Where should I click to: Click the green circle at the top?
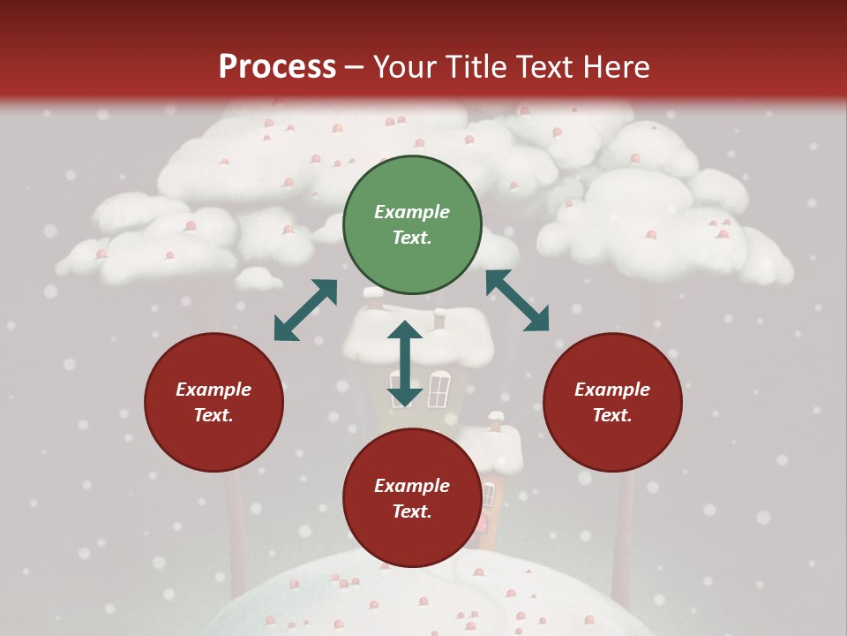coord(412,225)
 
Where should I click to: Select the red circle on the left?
coord(214,403)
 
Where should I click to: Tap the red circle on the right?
coord(612,403)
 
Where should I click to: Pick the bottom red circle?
coord(412,499)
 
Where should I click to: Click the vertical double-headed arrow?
coord(405,363)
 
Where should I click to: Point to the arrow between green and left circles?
coord(305,310)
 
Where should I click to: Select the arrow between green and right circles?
coord(517,300)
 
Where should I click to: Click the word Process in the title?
coord(277,67)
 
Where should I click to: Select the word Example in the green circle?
coord(412,212)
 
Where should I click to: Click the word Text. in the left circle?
coord(214,416)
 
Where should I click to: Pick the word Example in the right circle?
coord(612,390)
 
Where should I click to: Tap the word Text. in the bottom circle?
coord(412,512)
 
